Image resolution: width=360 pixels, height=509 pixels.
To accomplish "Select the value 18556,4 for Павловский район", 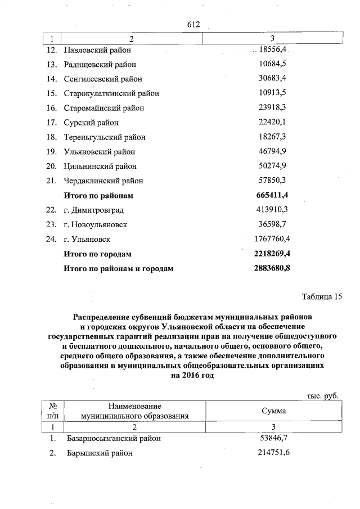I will coord(272,49).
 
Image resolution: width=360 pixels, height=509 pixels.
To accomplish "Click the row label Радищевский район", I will coord(100,64).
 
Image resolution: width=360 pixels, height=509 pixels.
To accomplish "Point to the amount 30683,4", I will coord(272,79).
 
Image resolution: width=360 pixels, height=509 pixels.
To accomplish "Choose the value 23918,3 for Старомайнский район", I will coord(272,108).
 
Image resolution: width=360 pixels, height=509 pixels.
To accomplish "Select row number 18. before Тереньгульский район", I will coord(52,137).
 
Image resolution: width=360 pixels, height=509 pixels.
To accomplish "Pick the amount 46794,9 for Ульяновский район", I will coord(272,152).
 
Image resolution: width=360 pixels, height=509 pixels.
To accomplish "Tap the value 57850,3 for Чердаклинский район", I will coord(272,181).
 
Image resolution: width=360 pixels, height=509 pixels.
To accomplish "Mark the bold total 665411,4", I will coord(272,195).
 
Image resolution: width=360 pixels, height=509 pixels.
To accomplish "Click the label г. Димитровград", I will coord(93,210).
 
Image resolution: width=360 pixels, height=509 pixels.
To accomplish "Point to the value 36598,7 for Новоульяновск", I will coord(272,224).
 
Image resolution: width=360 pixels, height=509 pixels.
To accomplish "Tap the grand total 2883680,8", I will coord(272,268).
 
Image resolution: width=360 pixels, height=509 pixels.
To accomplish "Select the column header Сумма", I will coord(273,411).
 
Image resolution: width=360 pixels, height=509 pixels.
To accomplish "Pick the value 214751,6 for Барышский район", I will coord(272,453).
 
